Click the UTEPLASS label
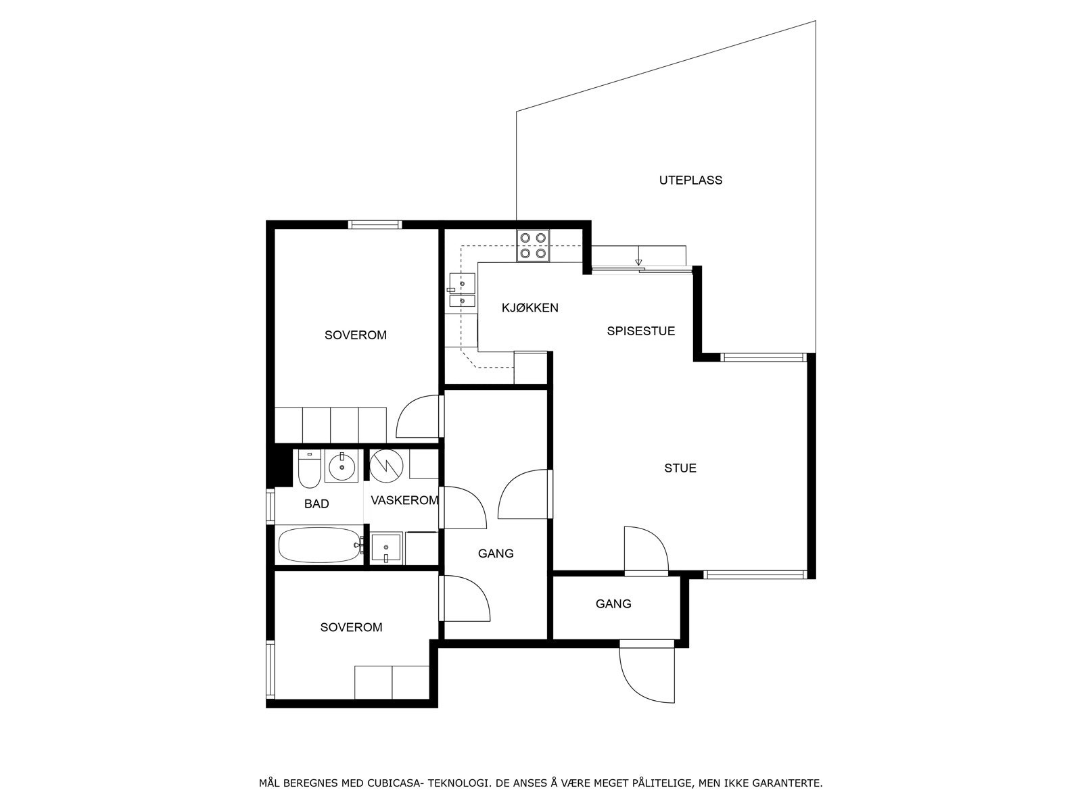coord(690,180)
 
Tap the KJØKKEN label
coord(530,308)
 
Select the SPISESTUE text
coord(640,331)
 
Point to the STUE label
coord(680,468)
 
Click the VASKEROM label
coord(404,501)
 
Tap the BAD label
coord(316,504)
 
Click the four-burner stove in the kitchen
coord(533,246)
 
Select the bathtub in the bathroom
coord(319,545)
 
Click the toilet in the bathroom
coord(309,469)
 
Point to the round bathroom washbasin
coord(342,467)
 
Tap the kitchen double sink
coord(463,292)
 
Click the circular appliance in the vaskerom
coord(387,466)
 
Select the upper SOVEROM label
coord(355,335)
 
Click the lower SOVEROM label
coord(351,627)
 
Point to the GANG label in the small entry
coord(613,604)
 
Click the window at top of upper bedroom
coord(375,225)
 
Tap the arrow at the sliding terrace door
coord(638,262)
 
